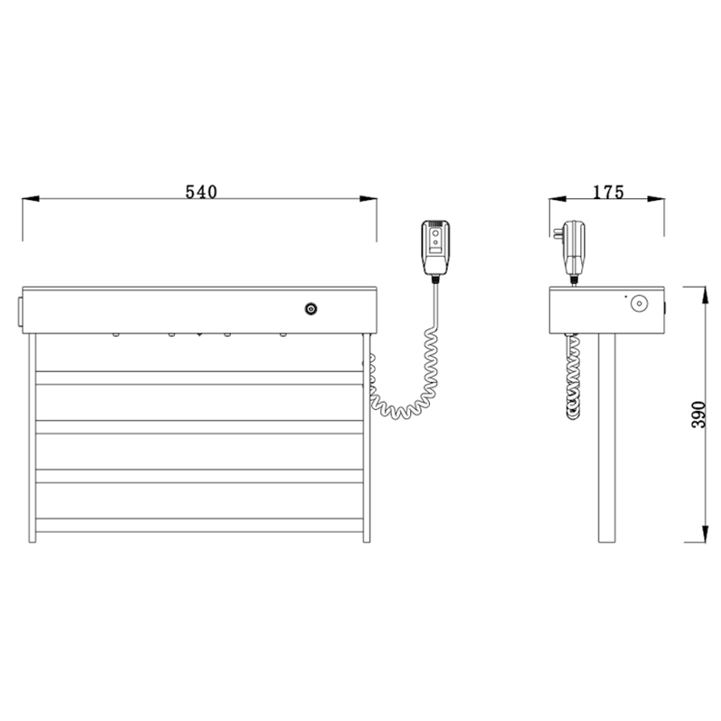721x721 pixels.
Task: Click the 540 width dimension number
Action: [x=202, y=191]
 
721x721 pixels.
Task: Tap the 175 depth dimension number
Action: [x=609, y=191]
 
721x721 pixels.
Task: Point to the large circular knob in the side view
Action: [x=639, y=304]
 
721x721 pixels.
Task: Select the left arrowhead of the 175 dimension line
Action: [x=556, y=200]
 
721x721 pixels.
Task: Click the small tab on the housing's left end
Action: [x=20, y=307]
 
